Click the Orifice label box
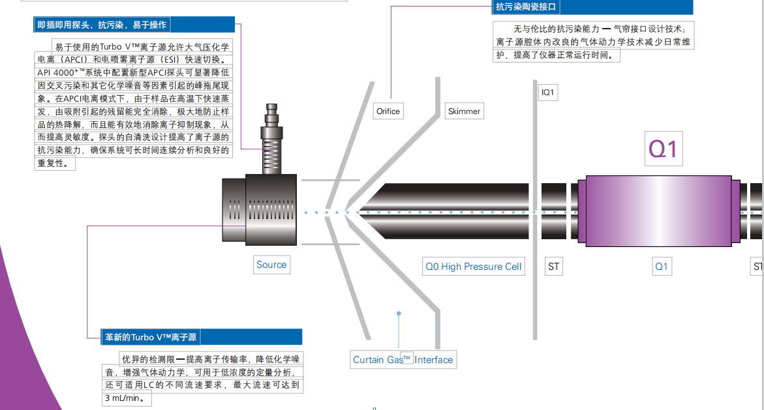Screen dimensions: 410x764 388,111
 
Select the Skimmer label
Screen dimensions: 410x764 464,111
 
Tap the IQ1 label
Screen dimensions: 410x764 548,93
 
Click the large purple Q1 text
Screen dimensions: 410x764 663,149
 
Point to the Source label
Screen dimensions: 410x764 271,265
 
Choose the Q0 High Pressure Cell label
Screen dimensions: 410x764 473,266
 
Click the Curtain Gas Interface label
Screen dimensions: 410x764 403,359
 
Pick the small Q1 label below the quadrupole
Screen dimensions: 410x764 662,266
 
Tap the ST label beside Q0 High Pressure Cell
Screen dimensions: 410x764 553,266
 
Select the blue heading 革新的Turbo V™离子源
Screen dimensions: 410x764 151,337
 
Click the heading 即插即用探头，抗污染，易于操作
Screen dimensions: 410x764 102,25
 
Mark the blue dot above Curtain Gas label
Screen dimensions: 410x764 399,314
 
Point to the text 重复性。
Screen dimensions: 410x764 56,163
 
